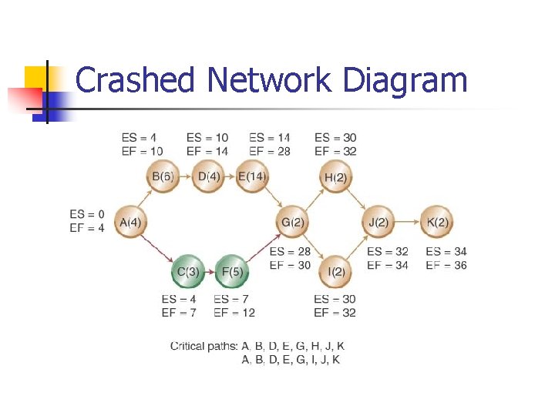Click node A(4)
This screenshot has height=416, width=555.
point(129,223)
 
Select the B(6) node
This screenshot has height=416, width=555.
point(162,176)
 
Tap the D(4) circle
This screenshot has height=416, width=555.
point(208,176)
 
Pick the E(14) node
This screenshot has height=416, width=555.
point(251,176)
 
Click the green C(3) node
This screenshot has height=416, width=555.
point(188,271)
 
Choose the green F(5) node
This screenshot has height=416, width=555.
point(231,271)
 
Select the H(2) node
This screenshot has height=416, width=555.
point(335,176)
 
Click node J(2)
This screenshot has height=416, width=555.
point(378,223)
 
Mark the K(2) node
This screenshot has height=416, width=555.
point(437,223)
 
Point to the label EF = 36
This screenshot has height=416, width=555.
point(446,265)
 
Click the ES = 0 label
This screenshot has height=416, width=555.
point(86,213)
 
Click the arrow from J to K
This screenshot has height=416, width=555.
point(407,223)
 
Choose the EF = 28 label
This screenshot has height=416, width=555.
point(270,151)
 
